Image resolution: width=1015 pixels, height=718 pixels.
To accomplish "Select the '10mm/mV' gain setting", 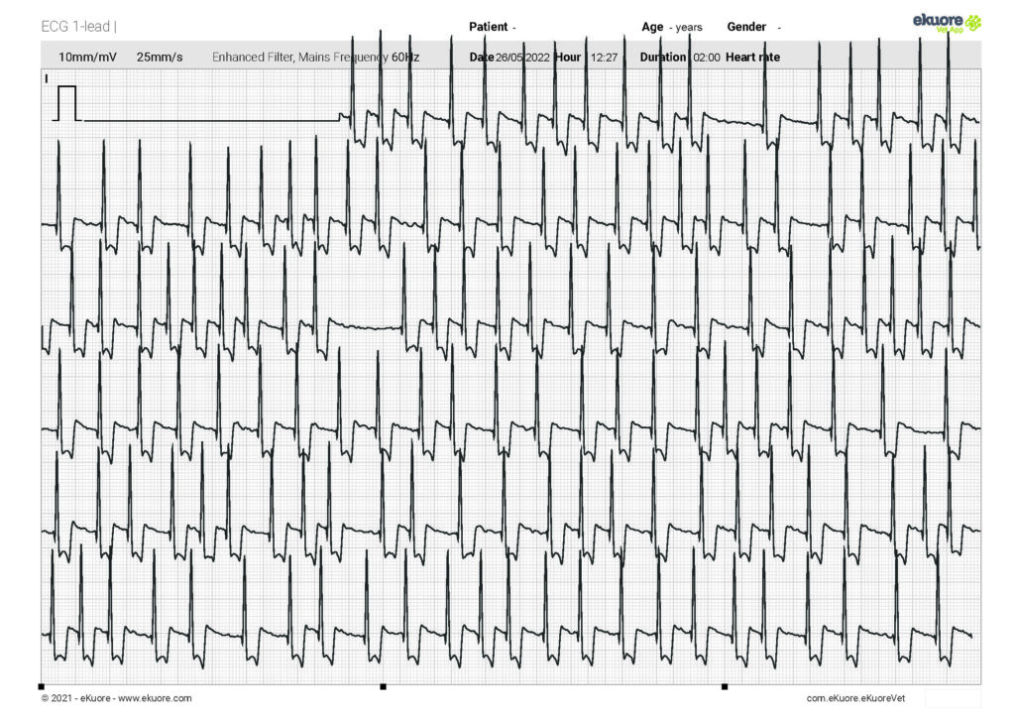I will pyautogui.click(x=87, y=58).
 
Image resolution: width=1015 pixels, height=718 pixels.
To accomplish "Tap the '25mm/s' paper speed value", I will pyautogui.click(x=160, y=58).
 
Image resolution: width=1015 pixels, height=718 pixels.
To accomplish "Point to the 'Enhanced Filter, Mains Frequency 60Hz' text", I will pyautogui.click(x=315, y=58).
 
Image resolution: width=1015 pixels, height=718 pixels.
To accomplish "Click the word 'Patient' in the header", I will pyautogui.click(x=489, y=27).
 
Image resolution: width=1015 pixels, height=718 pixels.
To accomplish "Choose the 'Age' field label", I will pyautogui.click(x=652, y=27).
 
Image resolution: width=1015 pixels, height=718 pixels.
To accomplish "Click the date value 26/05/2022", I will pyautogui.click(x=522, y=58).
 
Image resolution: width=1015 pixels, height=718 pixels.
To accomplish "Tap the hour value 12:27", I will pyautogui.click(x=604, y=58).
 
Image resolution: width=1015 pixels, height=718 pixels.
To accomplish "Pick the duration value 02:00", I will pyautogui.click(x=707, y=58).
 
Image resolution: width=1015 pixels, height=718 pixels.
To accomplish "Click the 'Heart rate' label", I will pyautogui.click(x=752, y=58).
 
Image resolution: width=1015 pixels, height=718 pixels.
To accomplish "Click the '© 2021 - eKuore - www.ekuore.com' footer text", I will pyautogui.click(x=116, y=699).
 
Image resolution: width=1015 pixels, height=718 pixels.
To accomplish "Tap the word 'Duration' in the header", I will pyautogui.click(x=663, y=58).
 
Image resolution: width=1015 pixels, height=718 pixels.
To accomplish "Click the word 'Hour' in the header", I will pyautogui.click(x=568, y=58).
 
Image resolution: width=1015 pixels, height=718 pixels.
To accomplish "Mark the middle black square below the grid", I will pyautogui.click(x=384, y=686).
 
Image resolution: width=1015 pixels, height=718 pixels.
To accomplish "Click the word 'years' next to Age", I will pyautogui.click(x=688, y=28).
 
